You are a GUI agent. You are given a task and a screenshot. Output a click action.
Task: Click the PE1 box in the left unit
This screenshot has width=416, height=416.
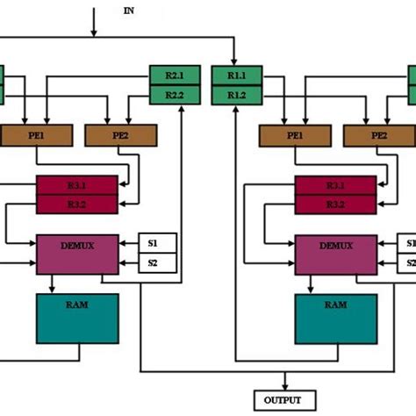coord(36,135)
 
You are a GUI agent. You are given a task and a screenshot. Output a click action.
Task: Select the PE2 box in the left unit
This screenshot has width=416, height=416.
coord(121,135)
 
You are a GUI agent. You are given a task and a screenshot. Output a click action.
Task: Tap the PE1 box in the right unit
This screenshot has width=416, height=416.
coord(294,135)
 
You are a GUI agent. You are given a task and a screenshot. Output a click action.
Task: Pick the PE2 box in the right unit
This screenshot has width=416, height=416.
coord(379,135)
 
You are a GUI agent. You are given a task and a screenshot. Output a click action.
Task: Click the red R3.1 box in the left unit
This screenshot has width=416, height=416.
coord(75,184)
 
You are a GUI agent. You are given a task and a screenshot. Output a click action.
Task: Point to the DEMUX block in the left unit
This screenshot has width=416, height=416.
coord(76,253)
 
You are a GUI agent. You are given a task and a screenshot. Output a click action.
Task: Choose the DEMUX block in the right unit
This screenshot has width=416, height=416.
coord(334,253)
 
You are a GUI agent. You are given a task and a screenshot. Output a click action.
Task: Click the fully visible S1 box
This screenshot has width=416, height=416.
coord(159,243)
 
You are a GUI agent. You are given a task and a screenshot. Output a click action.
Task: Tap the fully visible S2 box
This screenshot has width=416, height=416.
coord(159,262)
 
